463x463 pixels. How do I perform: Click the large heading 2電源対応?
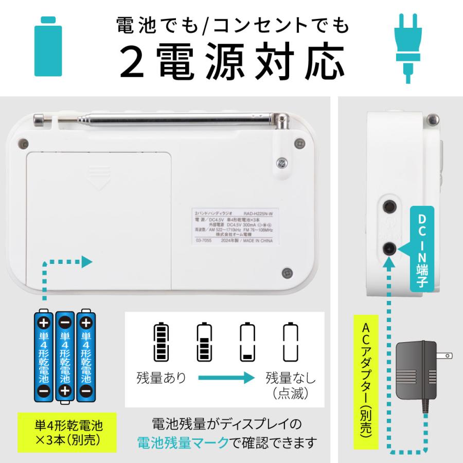point(232,62)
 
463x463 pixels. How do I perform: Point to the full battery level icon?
point(162,343)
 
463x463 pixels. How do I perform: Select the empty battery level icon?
point(290,343)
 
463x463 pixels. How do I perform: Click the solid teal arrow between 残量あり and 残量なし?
point(226,378)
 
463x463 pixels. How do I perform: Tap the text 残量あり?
point(161,378)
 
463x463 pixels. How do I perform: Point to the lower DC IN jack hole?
point(389,248)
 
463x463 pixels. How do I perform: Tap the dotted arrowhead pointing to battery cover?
point(87,262)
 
